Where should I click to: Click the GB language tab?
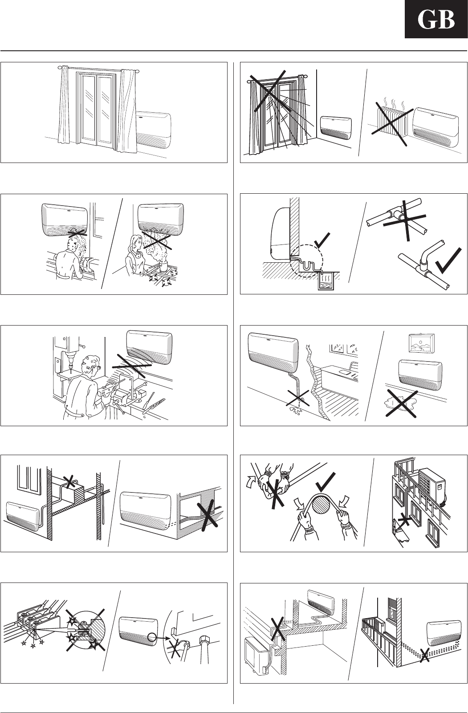pos(436,19)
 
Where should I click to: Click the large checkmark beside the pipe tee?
pos(448,261)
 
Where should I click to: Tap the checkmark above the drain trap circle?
pos(321,240)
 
